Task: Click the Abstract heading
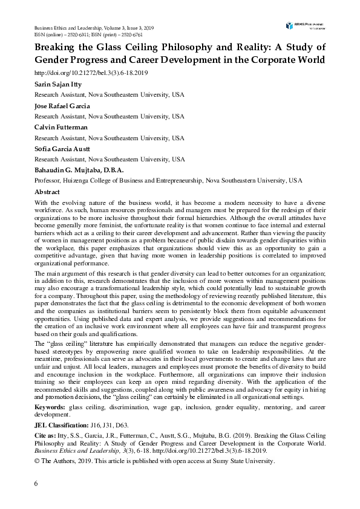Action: (47, 191)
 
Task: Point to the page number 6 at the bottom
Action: (36, 484)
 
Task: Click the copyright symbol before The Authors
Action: (37, 461)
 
